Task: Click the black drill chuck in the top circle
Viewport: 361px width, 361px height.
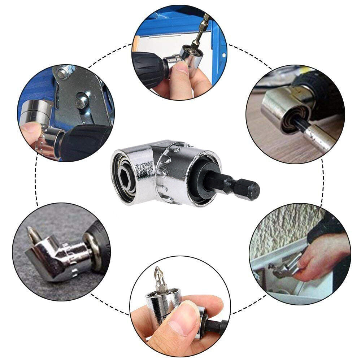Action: tap(148, 67)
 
